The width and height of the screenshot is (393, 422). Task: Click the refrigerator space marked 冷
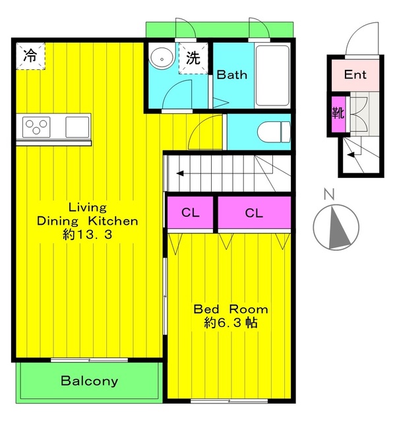(x=30, y=56)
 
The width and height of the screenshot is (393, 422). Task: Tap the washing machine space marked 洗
(x=193, y=58)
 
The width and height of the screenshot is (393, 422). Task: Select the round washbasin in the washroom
(x=161, y=59)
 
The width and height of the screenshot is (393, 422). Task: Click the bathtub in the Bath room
(x=272, y=75)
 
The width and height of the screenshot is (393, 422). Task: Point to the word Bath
(x=231, y=75)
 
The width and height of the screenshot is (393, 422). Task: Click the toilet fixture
(x=274, y=132)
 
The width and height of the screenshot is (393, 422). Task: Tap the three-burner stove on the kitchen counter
(x=36, y=127)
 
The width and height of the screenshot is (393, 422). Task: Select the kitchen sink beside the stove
(x=77, y=127)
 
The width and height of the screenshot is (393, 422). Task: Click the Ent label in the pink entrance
(x=355, y=75)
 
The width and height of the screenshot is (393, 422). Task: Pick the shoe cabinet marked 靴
(x=338, y=113)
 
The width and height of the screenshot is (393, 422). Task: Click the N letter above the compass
(x=329, y=195)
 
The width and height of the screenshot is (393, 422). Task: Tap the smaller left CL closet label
(x=191, y=212)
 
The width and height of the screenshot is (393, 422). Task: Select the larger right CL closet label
(x=254, y=213)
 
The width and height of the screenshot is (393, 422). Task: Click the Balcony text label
(x=90, y=381)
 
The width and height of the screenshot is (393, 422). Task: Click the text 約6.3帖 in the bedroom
(x=231, y=322)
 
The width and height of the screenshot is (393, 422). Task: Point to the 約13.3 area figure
(x=88, y=235)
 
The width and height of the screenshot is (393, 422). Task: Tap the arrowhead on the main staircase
(x=180, y=173)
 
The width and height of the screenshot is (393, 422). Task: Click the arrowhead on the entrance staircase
(x=350, y=155)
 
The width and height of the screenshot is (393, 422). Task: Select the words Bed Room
(x=231, y=309)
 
